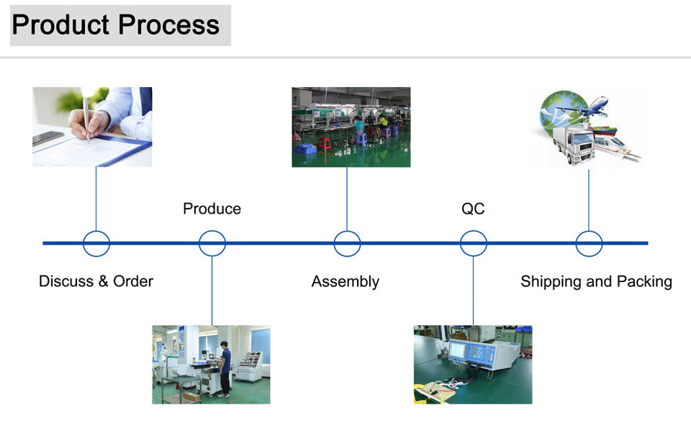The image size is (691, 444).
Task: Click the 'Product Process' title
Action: (x=116, y=25)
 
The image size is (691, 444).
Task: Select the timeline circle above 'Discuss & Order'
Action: (x=96, y=243)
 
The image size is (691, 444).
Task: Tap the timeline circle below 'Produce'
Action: (x=212, y=243)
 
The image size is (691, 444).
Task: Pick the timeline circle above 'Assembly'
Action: (x=347, y=243)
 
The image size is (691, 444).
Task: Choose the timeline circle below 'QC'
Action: (x=474, y=243)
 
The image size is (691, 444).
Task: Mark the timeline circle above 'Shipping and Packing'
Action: (x=589, y=243)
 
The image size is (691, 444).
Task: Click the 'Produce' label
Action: (x=212, y=209)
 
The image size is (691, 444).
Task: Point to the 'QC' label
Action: (x=473, y=209)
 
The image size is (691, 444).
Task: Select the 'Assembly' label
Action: (x=345, y=281)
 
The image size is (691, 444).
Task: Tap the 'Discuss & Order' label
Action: (x=96, y=281)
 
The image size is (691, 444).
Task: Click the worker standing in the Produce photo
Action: (x=225, y=368)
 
